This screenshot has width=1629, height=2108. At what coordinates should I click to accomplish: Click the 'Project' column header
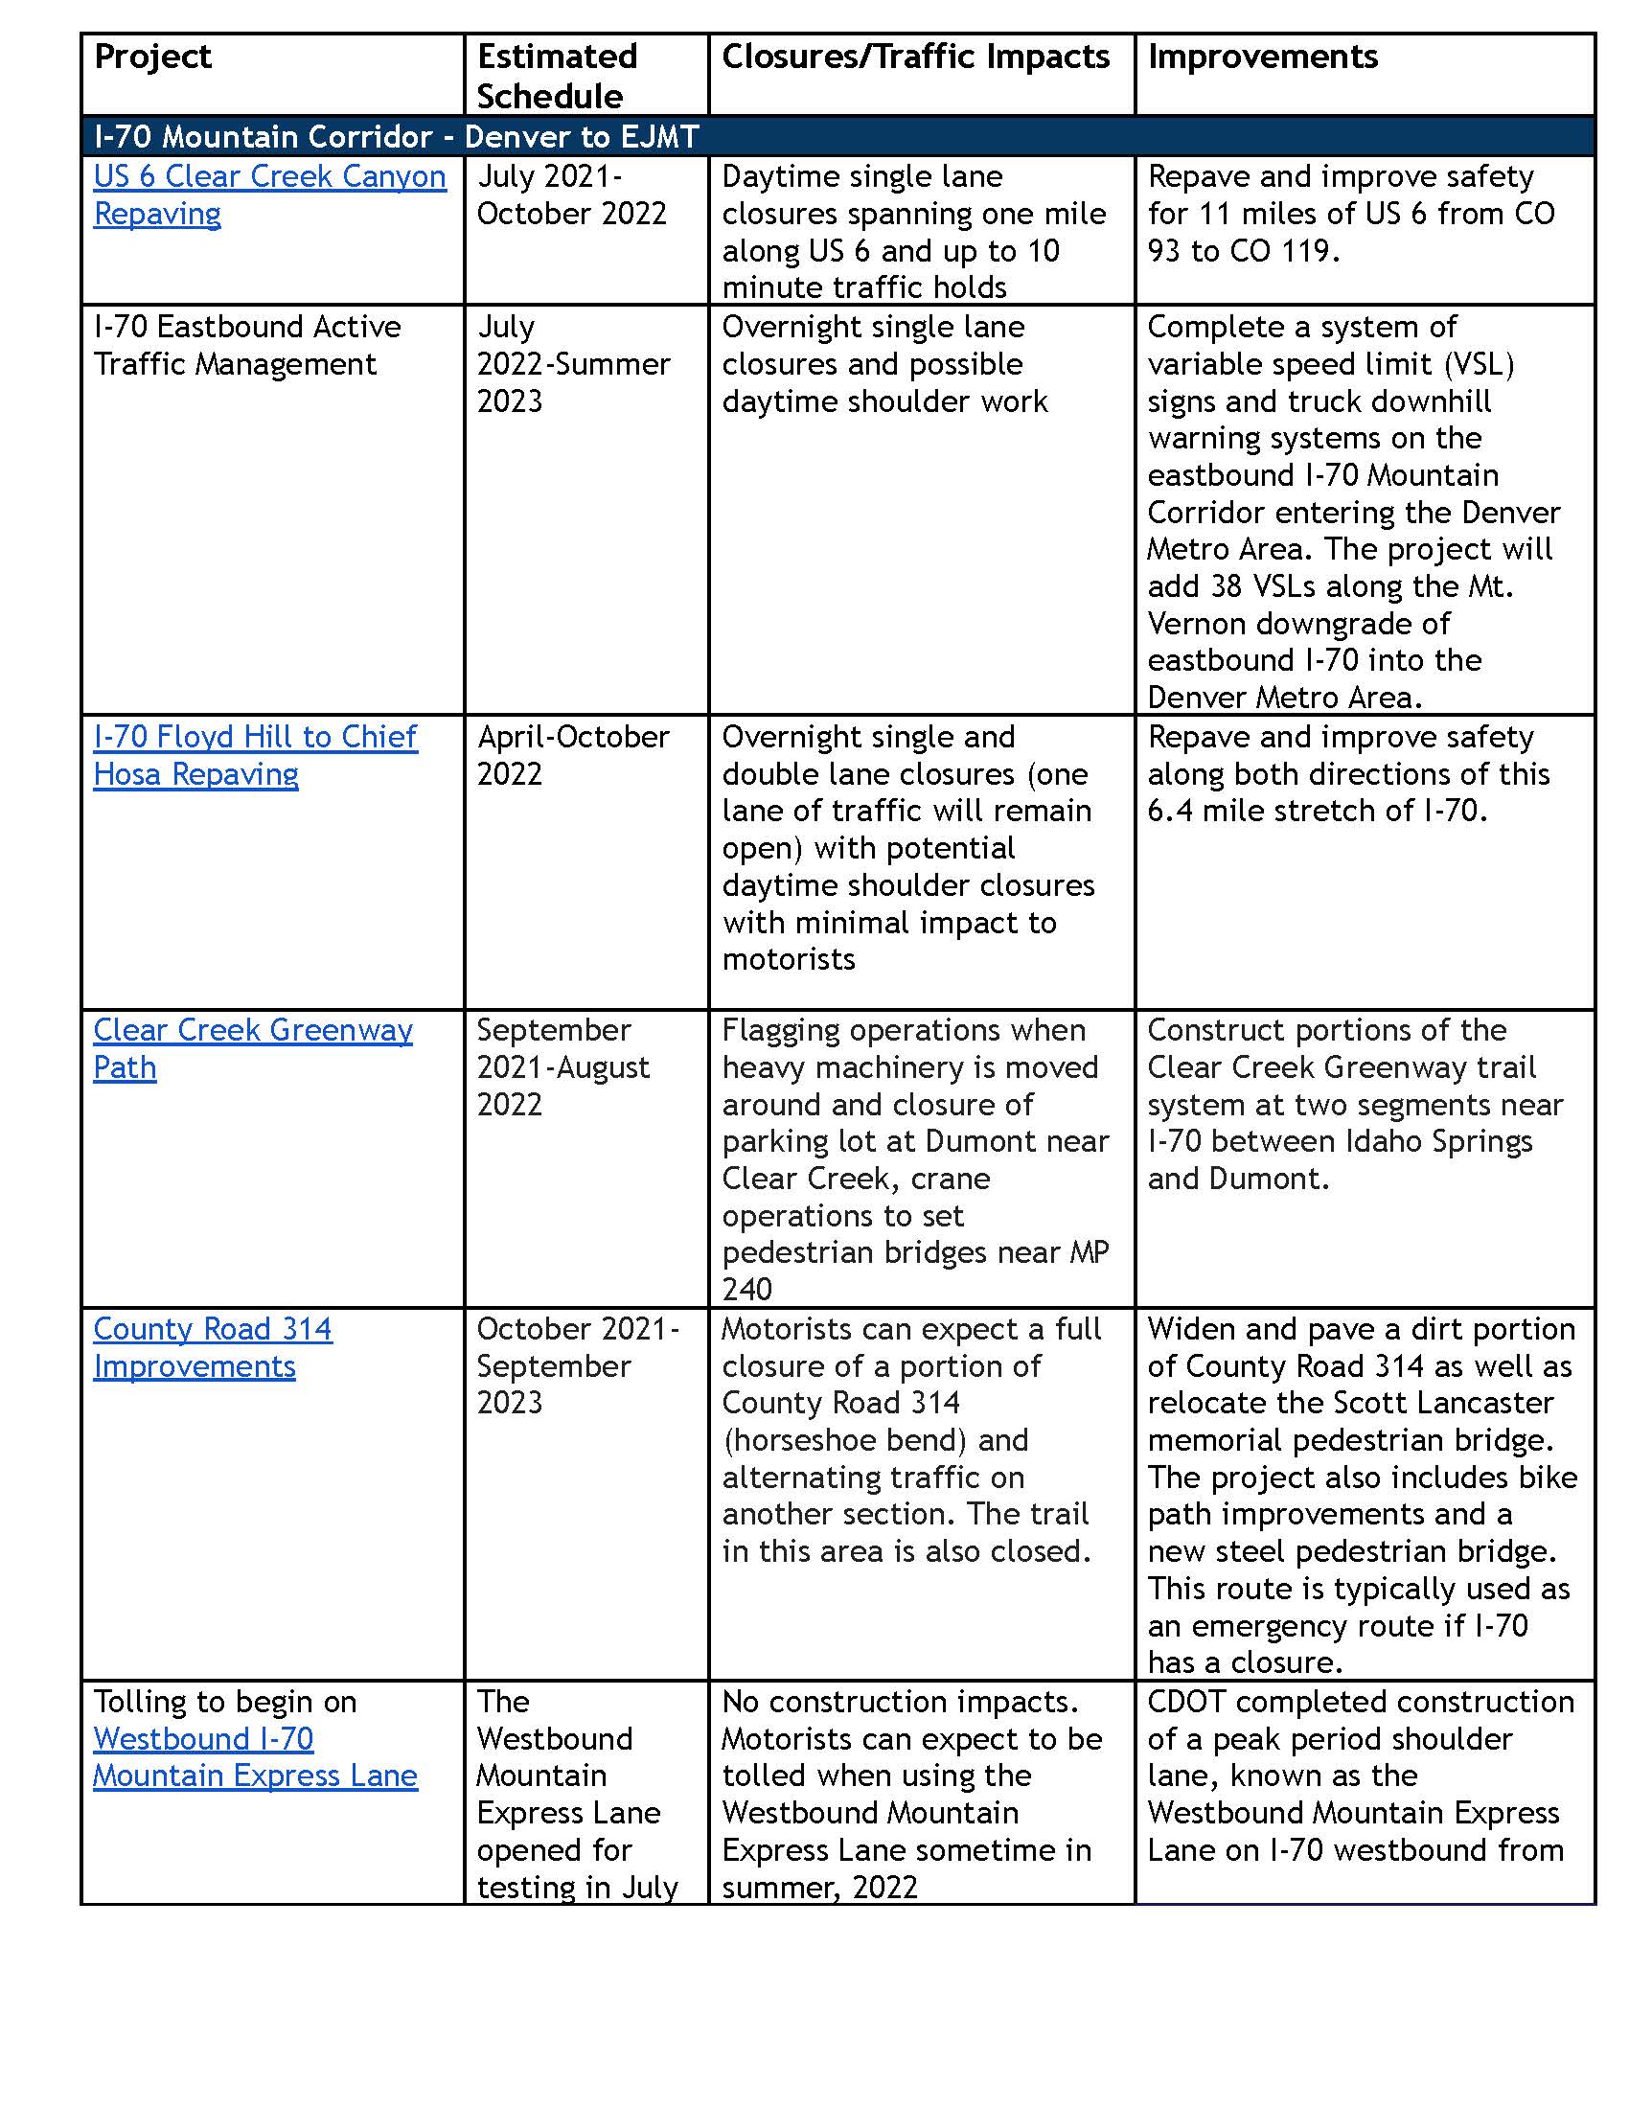(152, 57)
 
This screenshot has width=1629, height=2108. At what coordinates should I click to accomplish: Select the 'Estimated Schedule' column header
(557, 77)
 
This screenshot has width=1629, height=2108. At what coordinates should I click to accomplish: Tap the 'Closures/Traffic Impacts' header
(915, 57)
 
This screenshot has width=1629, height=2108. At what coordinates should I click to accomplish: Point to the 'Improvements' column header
(1262, 57)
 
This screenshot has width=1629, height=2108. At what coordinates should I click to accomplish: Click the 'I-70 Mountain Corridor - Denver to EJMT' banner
(396, 136)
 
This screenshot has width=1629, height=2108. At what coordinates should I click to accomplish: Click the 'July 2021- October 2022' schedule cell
(571, 195)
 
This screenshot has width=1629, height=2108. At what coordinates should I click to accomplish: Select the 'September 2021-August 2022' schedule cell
(562, 1067)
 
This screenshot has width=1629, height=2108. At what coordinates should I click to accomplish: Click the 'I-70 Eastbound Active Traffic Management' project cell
(246, 346)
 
